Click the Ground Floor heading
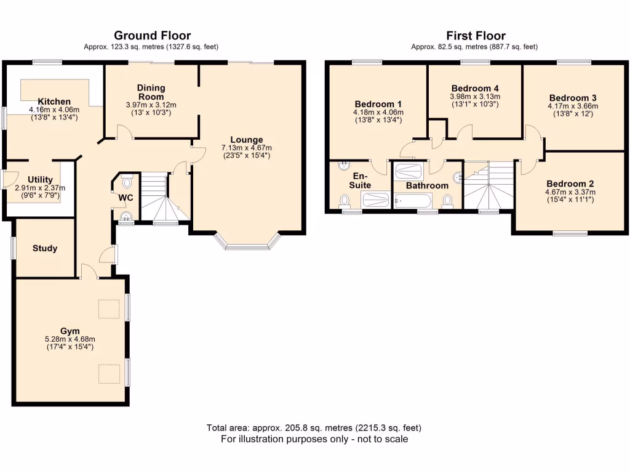click(x=151, y=36)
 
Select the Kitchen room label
click(x=54, y=102)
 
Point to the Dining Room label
click(x=151, y=92)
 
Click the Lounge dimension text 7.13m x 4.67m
click(x=247, y=148)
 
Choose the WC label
click(x=126, y=198)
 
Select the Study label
click(x=44, y=248)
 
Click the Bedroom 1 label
click(x=378, y=103)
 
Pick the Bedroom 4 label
click(x=474, y=88)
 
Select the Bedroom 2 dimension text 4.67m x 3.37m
click(x=570, y=192)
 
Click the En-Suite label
click(x=361, y=180)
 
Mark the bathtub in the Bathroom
click(x=413, y=201)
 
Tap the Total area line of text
click(x=314, y=428)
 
